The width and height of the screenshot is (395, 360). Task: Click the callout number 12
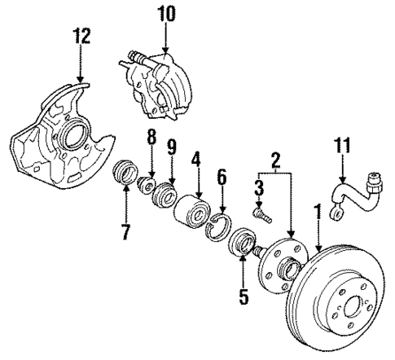point(81,37)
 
